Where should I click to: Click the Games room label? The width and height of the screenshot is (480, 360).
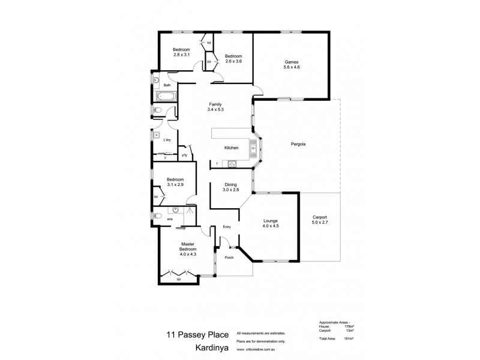pos(291,62)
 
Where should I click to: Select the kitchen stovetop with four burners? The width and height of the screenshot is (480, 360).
pos(231,164)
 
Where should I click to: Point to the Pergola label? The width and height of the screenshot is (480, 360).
pos(299,144)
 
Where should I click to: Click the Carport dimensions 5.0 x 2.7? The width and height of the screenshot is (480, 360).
pos(319,223)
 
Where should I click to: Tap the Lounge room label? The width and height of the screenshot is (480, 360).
pos(269,221)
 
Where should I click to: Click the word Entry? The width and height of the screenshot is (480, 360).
pos(227,227)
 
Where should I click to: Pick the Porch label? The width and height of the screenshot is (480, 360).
pos(229,257)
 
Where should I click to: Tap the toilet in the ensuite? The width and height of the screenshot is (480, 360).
pos(158,215)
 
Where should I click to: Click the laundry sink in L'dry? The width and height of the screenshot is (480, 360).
pos(155,134)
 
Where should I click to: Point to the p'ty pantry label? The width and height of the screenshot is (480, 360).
pos(184,155)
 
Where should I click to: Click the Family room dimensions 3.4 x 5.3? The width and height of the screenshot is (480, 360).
pos(215,109)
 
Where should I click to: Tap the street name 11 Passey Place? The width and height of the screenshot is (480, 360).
pos(190,335)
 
